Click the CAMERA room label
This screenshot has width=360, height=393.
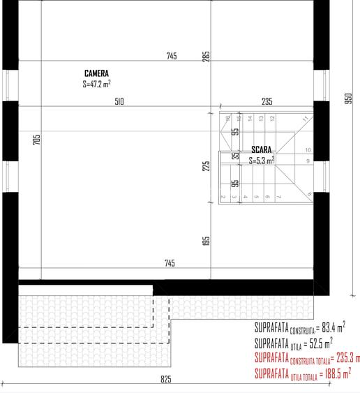[x=96, y=73]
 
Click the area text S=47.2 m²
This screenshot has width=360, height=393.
[x=96, y=84]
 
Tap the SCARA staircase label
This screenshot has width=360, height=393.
[x=262, y=150]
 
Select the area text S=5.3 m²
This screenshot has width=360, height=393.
[x=262, y=160]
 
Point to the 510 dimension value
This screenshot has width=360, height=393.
[x=119, y=102]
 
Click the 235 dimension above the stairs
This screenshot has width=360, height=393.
[x=267, y=102]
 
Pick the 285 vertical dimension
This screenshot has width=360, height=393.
[x=207, y=56]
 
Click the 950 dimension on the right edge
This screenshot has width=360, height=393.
[x=348, y=99]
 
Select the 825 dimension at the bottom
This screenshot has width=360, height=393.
[x=165, y=380]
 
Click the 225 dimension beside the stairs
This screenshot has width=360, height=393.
[x=207, y=166]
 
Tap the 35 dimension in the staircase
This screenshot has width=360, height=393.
[x=236, y=156]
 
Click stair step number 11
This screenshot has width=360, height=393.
[x=306, y=119]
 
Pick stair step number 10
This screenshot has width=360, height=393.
[x=308, y=150]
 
